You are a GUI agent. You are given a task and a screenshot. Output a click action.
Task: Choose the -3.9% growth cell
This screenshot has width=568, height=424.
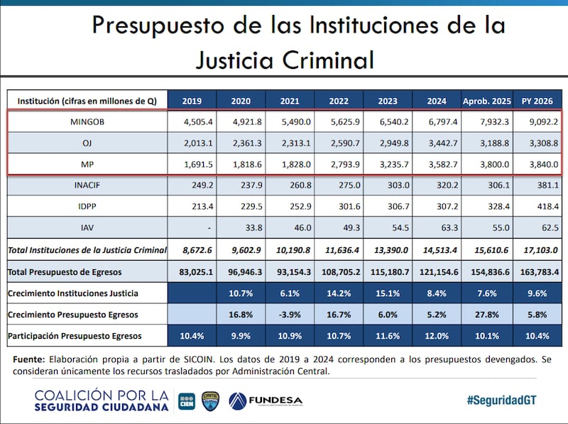[x=290, y=314]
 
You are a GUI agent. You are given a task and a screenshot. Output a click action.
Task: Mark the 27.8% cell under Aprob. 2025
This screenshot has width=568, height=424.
[x=486, y=314]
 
